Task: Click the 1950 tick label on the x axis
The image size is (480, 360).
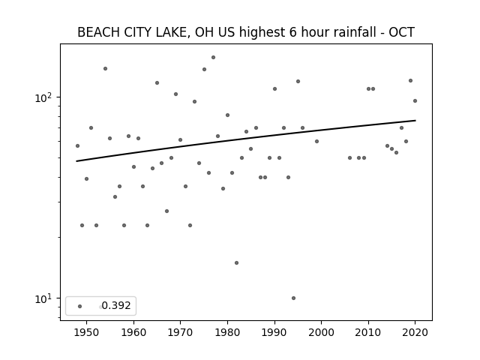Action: click(87, 332)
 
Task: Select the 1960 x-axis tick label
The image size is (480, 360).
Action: click(133, 332)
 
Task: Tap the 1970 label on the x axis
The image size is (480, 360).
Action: click(181, 332)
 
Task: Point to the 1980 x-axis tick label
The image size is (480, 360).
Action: click(227, 332)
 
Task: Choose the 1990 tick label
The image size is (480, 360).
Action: click(274, 332)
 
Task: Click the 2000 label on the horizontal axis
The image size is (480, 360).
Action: click(322, 332)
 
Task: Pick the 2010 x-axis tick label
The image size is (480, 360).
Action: click(368, 332)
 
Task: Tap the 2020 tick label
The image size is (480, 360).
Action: click(415, 332)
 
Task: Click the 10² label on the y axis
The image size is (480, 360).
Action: click(43, 97)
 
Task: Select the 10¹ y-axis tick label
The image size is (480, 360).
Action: click(43, 298)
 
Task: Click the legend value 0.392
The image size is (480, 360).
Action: click(116, 305)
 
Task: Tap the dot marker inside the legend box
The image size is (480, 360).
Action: click(80, 306)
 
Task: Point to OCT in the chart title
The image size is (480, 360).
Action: click(402, 32)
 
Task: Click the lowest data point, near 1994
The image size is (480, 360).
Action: click(293, 298)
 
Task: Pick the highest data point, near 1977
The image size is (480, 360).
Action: click(213, 58)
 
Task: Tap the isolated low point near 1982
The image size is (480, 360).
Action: click(237, 263)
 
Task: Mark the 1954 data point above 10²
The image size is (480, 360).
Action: click(105, 68)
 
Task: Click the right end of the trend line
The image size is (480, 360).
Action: click(415, 120)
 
